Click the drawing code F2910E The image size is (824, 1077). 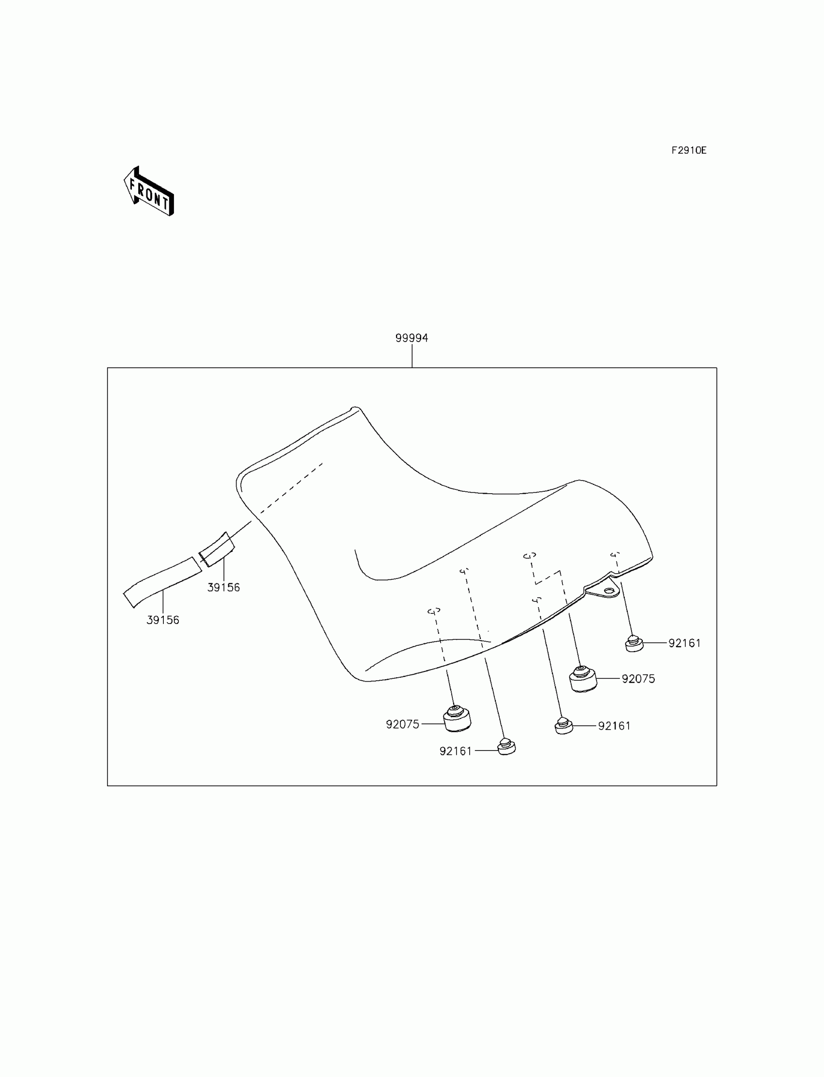tap(689, 151)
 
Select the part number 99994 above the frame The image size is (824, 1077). tap(412, 338)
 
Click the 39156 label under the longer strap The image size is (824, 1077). tap(163, 620)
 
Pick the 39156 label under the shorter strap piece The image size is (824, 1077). tap(223, 587)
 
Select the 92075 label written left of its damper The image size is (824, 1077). tap(403, 724)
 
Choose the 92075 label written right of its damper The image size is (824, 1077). tap(638, 678)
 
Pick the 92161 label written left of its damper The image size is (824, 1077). tap(456, 750)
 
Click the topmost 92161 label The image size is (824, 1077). tap(685, 643)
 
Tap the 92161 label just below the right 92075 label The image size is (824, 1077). tap(614, 726)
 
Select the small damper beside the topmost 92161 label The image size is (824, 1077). tap(634, 643)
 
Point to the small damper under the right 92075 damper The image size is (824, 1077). tap(564, 726)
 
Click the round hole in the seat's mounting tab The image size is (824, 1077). tap(609, 591)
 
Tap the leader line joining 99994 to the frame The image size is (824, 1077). tap(412, 356)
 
